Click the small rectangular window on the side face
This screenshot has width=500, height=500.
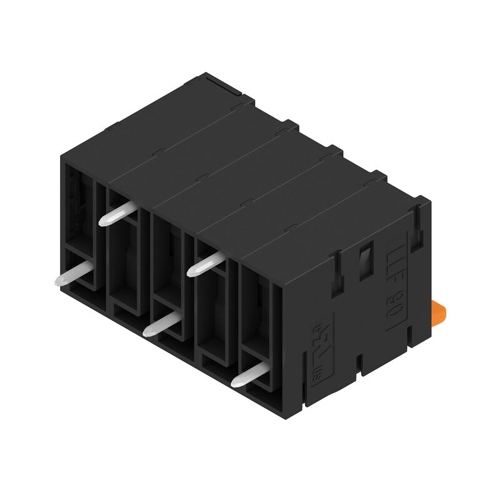click(x=365, y=262)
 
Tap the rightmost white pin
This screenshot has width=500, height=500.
click(x=249, y=374)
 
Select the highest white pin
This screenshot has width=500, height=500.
click(x=117, y=213)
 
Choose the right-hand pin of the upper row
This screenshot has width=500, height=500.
click(x=206, y=264)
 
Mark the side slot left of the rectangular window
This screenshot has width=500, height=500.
click(x=336, y=275)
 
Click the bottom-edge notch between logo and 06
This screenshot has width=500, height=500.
click(x=359, y=362)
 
